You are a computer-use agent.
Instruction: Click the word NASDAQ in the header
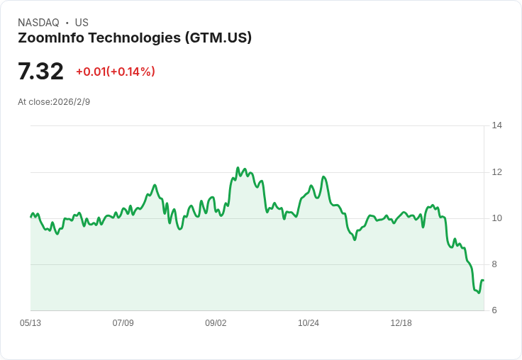coord(38,23)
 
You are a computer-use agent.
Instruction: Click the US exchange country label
coord(82,23)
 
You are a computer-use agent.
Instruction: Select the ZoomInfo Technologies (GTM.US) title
coord(135,38)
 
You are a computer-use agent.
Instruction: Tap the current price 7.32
coord(40,72)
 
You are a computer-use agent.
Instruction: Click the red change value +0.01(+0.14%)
coord(115,72)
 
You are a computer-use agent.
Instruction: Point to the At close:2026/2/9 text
coord(54,102)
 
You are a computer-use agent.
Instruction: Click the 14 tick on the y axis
coord(496,125)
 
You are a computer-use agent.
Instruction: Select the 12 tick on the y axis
coord(496,172)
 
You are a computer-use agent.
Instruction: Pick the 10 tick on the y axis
coord(496,218)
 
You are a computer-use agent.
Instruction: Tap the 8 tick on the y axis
coord(494,264)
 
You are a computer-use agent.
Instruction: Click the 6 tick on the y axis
coord(494,310)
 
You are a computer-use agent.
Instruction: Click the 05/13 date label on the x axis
coord(30,323)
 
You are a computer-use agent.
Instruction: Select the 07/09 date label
coord(123,323)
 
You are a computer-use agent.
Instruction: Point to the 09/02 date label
coord(216,323)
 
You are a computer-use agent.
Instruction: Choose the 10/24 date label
coord(309,323)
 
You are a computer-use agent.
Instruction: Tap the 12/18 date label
coord(401,323)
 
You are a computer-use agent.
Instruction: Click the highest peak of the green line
coord(238,168)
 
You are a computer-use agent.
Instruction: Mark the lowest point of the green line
coord(478,293)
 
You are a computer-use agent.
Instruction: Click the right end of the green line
coord(483,281)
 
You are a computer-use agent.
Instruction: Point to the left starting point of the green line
coord(30,217)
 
